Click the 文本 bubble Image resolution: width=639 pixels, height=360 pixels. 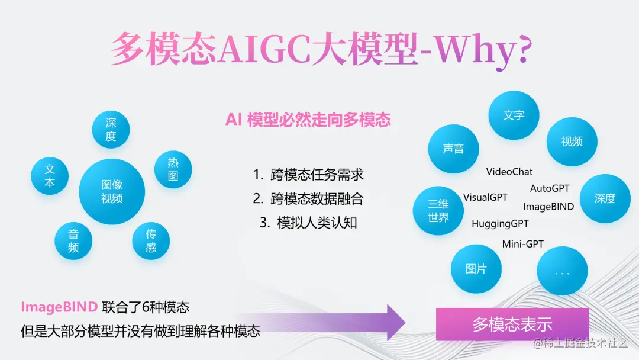pos(50,176)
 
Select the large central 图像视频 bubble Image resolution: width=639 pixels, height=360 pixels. pos(112,191)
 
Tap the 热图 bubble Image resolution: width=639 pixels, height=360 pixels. pos(173,169)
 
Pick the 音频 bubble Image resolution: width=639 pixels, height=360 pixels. pos(73,240)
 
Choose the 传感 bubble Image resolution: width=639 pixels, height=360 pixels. pos(151,240)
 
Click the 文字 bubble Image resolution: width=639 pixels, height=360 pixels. pos(514,115)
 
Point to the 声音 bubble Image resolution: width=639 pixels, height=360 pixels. pos(454,149)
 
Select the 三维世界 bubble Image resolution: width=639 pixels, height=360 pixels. pos(438,210)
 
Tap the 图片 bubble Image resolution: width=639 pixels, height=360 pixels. pos(476,269)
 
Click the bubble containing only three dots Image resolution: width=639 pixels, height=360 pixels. pos(563,271)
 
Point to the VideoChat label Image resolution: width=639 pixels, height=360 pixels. pos(509,172)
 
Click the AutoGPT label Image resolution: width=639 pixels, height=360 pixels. pos(550,188)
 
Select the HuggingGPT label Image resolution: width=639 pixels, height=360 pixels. pos(500,224)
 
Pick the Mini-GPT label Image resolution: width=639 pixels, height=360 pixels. pos(523,244)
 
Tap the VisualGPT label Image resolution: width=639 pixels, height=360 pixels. pos(485,197)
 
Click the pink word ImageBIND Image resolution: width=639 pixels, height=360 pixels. pos(60,307)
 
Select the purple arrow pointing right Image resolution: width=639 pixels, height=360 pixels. pos(322,322)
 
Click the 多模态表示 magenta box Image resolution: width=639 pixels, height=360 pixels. pos(512,324)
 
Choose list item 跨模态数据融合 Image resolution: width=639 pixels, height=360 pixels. pos(308,199)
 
